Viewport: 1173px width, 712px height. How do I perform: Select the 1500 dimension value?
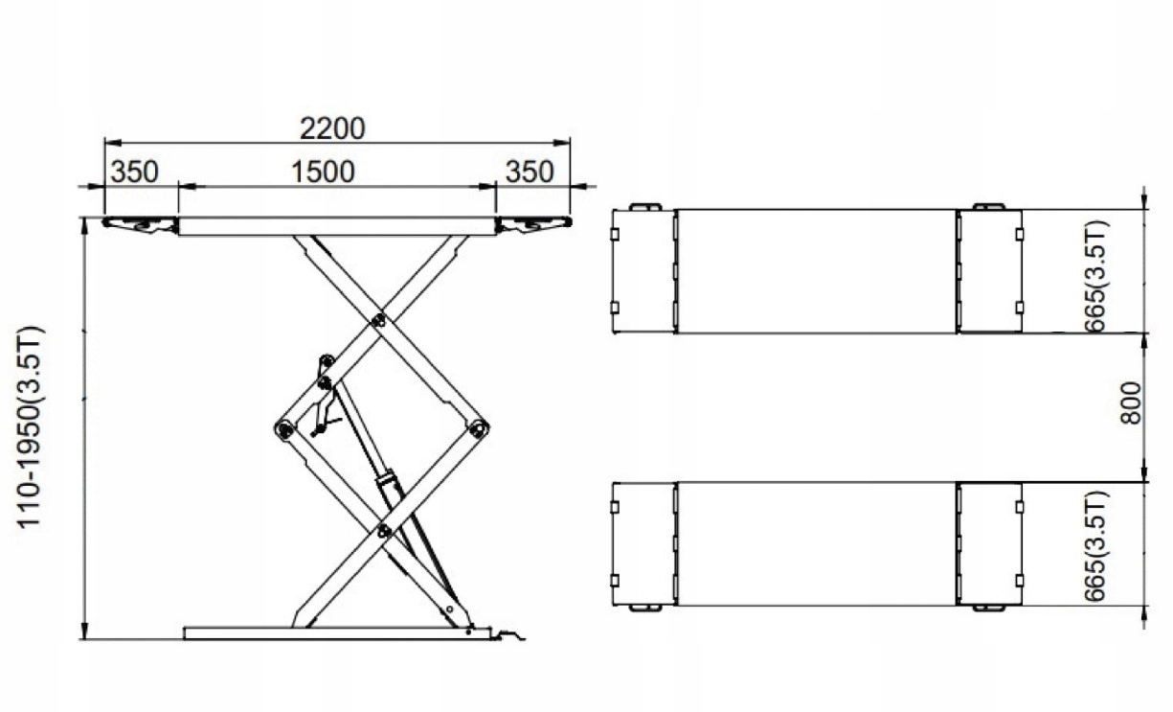(322, 172)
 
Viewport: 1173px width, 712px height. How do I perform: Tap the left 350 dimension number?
(134, 172)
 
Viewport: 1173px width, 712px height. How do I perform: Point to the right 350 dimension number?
(529, 172)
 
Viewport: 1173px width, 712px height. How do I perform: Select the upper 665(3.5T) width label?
(1097, 276)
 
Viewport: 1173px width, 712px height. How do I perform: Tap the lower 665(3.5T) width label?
(1097, 546)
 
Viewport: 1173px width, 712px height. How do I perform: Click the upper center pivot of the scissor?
(379, 320)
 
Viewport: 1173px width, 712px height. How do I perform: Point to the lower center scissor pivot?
(383, 530)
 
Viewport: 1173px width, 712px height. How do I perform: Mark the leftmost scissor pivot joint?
(283, 429)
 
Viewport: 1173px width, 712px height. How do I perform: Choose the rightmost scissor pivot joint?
(479, 428)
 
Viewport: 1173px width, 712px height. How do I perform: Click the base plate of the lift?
(335, 632)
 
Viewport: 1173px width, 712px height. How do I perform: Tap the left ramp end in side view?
(140, 224)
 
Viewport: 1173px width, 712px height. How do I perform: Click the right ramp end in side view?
(532, 224)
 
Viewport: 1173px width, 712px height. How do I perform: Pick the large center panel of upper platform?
(816, 271)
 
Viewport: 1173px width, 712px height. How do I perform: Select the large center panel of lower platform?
(816, 543)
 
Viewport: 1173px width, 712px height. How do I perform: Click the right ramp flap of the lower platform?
(989, 543)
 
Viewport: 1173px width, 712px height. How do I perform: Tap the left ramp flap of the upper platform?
(643, 271)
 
